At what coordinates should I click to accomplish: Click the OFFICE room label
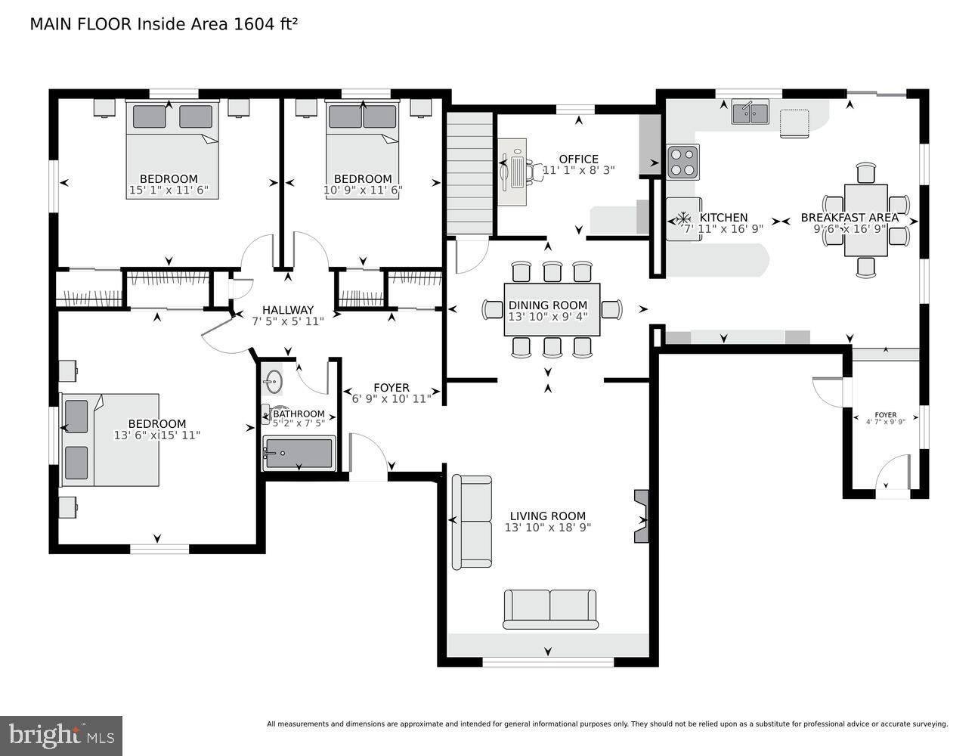pos(578,159)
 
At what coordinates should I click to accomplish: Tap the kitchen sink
pos(750,113)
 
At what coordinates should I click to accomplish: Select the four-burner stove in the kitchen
pos(682,161)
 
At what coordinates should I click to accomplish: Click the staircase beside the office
pos(470,173)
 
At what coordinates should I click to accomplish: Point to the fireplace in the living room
pos(642,516)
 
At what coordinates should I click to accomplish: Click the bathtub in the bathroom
pos(299,453)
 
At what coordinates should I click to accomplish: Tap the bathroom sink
pos(273,381)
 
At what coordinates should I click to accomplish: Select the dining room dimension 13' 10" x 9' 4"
pos(547,318)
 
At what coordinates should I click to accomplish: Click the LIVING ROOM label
pos(547,516)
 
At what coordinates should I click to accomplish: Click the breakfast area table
pos(865,220)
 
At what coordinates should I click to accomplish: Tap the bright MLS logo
pos(62,735)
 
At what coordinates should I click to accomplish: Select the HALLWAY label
pos(287,310)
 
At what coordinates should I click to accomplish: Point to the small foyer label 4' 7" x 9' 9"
pos(885,422)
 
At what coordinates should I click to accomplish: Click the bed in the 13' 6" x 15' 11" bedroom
pos(110,439)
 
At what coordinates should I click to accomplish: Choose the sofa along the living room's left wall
pos(472,522)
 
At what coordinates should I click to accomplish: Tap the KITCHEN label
pos(723,218)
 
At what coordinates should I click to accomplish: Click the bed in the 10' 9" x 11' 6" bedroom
pos(363,150)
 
